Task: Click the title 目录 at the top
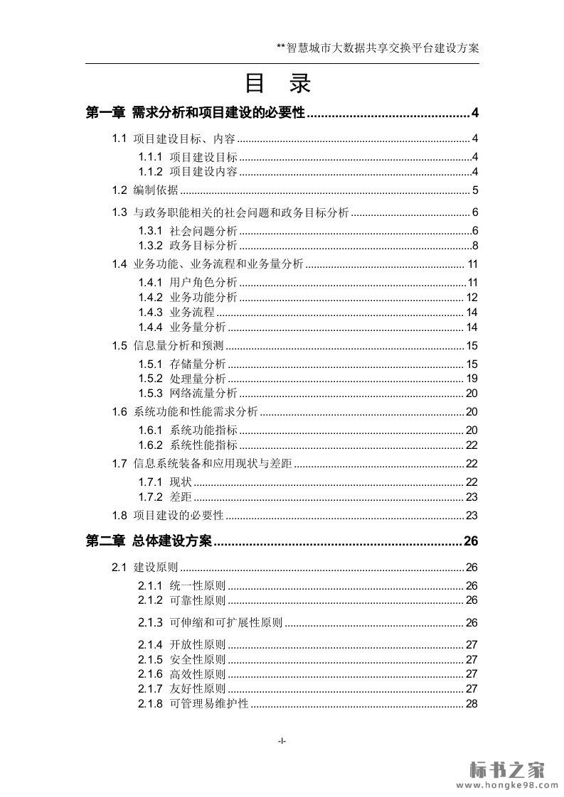[x=278, y=85]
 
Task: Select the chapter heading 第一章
[x=105, y=113]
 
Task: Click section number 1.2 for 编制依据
[x=119, y=190]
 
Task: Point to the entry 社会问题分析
[x=203, y=231]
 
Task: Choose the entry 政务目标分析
[x=203, y=246]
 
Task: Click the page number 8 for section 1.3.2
[x=474, y=246]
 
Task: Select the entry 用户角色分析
[x=203, y=283]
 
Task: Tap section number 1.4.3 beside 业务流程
[x=150, y=313]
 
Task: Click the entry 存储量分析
[x=198, y=364]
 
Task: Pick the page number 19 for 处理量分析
[x=472, y=379]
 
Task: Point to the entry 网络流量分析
[x=203, y=394]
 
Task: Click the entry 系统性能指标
[x=203, y=445]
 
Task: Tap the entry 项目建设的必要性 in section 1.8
[x=179, y=516]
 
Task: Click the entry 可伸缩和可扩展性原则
[x=226, y=623]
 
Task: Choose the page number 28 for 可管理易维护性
[x=472, y=704]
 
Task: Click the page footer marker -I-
[x=282, y=741]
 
